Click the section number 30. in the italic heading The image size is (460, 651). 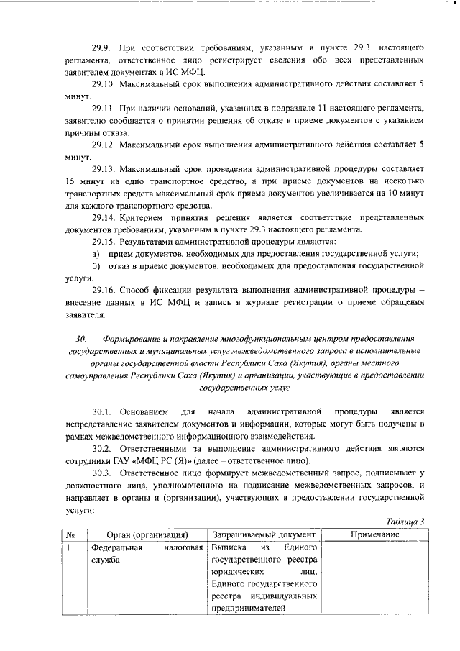(x=80, y=337)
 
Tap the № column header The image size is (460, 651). (x=71, y=535)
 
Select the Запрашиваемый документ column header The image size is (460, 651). (x=264, y=535)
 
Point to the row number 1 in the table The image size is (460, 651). (x=69, y=548)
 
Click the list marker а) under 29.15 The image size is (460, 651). (x=95, y=255)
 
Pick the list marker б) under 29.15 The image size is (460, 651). (x=95, y=266)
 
